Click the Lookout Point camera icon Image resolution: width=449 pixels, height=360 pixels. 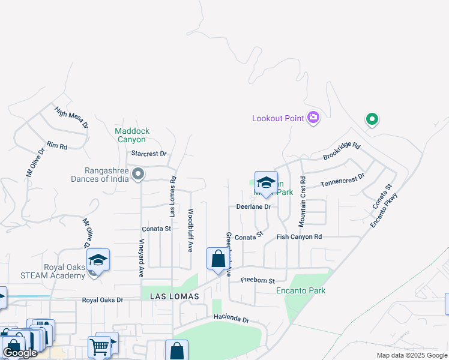[313, 118]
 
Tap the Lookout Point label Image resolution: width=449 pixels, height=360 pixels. [278, 118]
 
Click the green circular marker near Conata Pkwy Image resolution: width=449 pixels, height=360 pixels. [372, 120]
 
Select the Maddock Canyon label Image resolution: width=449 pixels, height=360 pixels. [132, 135]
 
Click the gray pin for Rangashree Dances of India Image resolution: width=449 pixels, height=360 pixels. [139, 175]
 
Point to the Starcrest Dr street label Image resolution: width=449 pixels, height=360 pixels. [148, 154]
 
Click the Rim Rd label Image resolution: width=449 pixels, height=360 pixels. [57, 145]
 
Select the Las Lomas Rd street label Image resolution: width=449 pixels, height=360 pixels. [173, 196]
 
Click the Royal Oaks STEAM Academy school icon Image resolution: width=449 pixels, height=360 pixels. [98, 260]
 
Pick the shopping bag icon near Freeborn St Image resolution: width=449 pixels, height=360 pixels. [217, 259]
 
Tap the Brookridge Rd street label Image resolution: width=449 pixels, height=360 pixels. [341, 151]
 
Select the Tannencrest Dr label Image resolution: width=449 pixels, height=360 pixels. [343, 180]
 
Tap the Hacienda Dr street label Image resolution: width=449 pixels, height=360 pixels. [231, 319]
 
